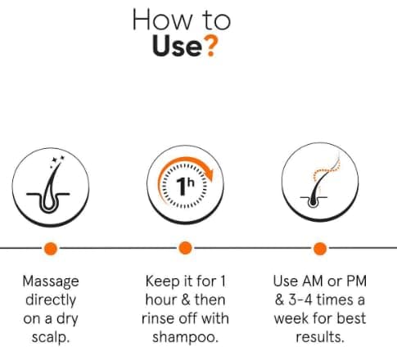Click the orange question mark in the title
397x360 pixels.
(211, 47)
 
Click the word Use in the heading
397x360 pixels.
(177, 46)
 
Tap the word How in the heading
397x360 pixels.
(162, 20)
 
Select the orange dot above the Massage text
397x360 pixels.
(51, 249)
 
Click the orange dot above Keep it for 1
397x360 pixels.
(185, 248)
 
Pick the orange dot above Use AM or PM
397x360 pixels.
(320, 249)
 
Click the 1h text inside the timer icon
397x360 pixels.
(186, 186)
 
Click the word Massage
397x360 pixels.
(51, 281)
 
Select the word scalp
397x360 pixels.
(51, 338)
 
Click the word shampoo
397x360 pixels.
(186, 338)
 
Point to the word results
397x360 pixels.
(320, 337)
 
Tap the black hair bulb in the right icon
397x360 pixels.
(313, 202)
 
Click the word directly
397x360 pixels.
(51, 300)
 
